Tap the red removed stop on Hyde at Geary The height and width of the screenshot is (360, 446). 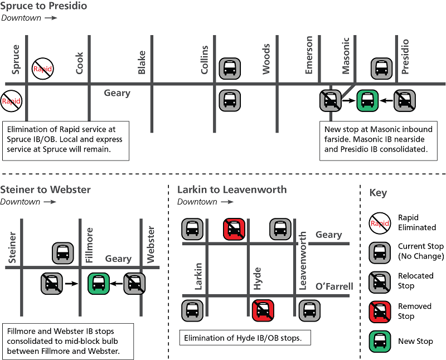point(234,228)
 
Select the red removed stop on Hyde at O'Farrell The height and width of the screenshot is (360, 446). point(261,310)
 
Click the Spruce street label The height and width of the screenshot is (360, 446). point(16,60)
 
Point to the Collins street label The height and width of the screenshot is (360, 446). point(205,60)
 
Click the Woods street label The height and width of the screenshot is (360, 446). point(266,59)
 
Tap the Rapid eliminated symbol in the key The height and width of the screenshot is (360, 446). point(381,222)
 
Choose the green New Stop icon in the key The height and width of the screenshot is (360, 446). point(381,341)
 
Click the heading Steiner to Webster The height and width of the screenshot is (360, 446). point(46,189)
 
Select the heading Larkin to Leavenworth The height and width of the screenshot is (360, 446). point(232,189)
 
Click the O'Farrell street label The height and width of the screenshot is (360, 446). point(334,286)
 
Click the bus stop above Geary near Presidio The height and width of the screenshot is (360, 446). point(382,69)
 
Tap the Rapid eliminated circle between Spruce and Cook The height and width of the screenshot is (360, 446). point(42,69)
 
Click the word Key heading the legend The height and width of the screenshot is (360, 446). point(377,193)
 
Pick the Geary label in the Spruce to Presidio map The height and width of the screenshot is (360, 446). point(117,93)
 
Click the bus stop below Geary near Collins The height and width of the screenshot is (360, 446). point(229,100)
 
